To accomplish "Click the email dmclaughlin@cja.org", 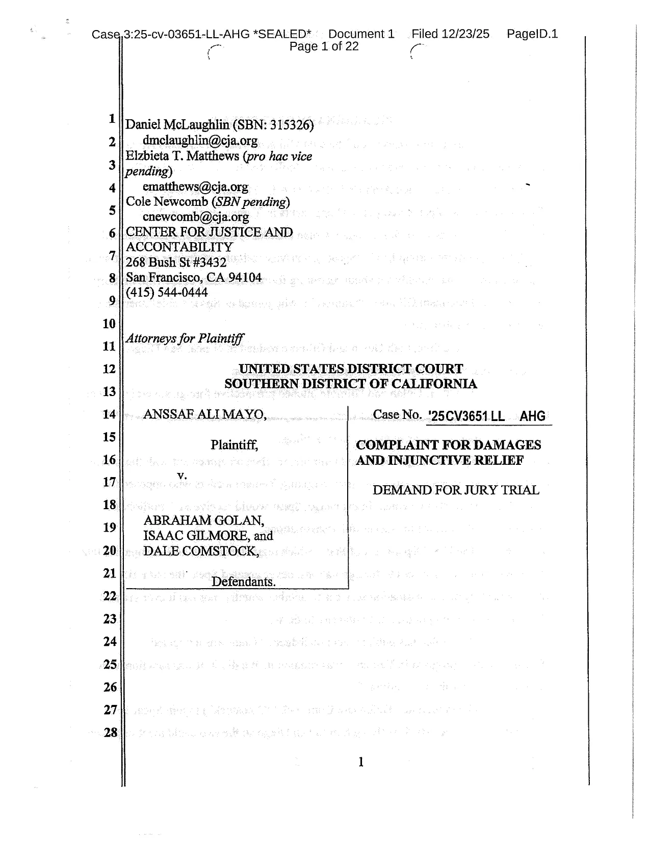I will (x=200, y=140).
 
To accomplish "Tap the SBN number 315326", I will (x=290, y=125).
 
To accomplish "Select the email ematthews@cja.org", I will (x=195, y=187).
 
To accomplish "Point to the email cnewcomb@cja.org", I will (x=196, y=217).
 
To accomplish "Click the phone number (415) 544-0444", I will (x=167, y=293).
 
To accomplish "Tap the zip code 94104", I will (x=245, y=278).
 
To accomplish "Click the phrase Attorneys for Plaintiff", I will (x=185, y=338).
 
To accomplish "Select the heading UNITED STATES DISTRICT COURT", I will (x=351, y=369).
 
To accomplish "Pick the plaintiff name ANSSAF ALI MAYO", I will (x=204, y=414).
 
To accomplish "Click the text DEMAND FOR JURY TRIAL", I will (x=456, y=490).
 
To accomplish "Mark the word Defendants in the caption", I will (x=243, y=582).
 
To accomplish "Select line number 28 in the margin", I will (x=111, y=733).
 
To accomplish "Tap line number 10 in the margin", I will (x=110, y=324).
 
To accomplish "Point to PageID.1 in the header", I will (x=532, y=34).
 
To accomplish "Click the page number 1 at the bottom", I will (x=361, y=762).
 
